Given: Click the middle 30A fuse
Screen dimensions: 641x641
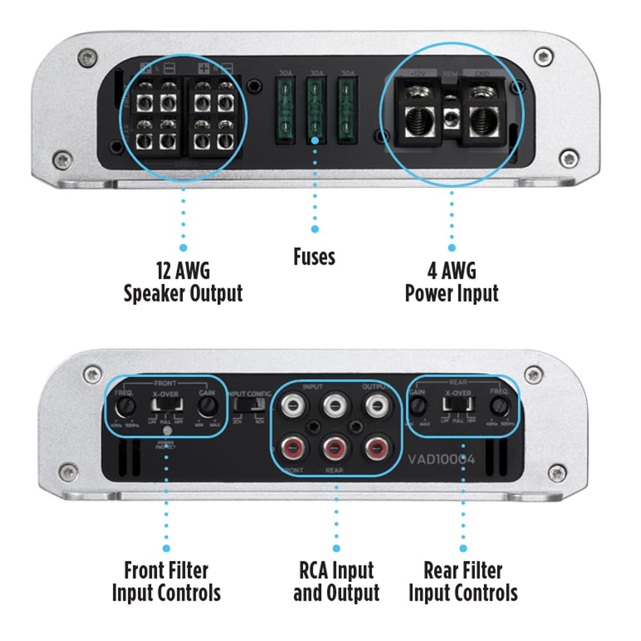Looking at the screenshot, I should pyautogui.click(x=315, y=109).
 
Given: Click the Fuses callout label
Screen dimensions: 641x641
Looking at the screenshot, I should pyautogui.click(x=314, y=257).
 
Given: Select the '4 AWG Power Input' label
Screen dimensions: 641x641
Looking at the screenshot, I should pyautogui.click(x=451, y=282).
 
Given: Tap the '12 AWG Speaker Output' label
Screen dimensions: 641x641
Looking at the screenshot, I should pyautogui.click(x=183, y=282).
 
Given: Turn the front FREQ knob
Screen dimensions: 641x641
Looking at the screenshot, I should pyautogui.click(x=125, y=405).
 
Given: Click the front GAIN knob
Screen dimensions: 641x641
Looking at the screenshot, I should pyautogui.click(x=206, y=405).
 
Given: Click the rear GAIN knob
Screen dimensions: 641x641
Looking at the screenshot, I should pyautogui.click(x=418, y=405).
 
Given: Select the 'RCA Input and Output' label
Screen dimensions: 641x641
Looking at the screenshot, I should pyautogui.click(x=337, y=581).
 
